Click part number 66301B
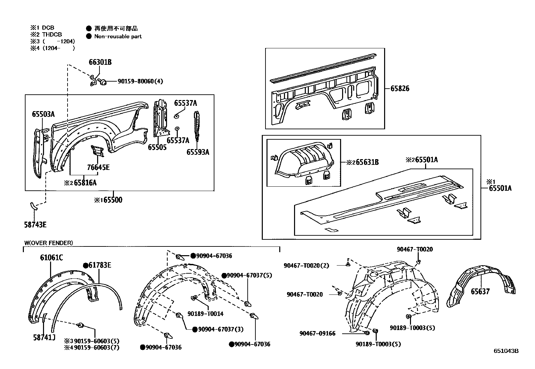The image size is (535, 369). tap(100, 62)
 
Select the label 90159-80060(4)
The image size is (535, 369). tap(140, 81)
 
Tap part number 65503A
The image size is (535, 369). tap(43, 114)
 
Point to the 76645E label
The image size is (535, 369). tap(98, 167)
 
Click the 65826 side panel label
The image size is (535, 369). tap(400, 89)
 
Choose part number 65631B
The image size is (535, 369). tap(367, 163)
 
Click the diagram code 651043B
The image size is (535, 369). tap(506, 351)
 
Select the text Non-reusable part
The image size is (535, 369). tap(118, 36)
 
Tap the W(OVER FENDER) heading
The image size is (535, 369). tap(48, 243)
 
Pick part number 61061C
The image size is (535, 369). tap(51, 258)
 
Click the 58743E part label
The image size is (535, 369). tap(35, 225)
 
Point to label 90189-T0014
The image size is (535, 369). tap(205, 314)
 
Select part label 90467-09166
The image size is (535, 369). tap(317, 333)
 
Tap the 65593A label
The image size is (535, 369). tap(198, 152)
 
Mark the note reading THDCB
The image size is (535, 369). tap(52, 34)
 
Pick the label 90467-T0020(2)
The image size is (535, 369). tap(306, 265)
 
